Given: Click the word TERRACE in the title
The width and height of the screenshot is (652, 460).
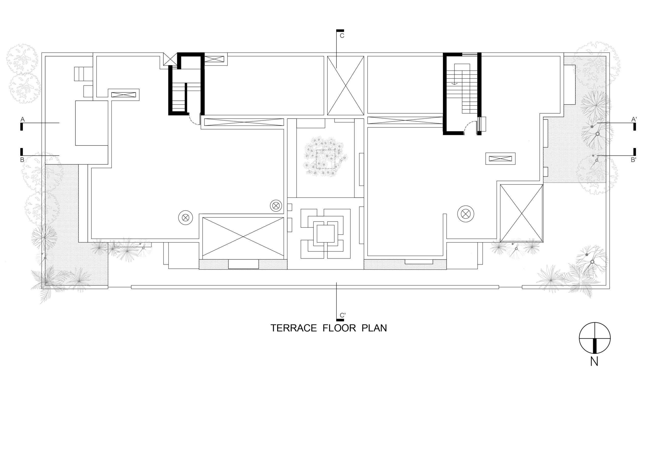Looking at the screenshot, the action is pyautogui.click(x=293, y=328).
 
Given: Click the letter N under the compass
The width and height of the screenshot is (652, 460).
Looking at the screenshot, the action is pyautogui.click(x=594, y=361).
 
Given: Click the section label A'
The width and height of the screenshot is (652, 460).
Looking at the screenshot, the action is pyautogui.click(x=634, y=120).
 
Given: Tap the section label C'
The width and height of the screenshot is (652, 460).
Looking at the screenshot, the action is pyautogui.click(x=343, y=315).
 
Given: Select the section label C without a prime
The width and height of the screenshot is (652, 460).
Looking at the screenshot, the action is pyautogui.click(x=342, y=36).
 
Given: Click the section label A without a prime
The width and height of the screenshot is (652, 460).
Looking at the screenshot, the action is pyautogui.click(x=22, y=120).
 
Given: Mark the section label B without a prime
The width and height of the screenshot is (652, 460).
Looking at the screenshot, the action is pyautogui.click(x=22, y=160).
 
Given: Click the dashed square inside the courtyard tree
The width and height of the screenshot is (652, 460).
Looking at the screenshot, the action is pyautogui.click(x=326, y=159).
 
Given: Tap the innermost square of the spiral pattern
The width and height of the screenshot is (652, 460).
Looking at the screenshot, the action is pyautogui.click(x=325, y=234).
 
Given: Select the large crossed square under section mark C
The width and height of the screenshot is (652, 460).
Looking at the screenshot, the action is pyautogui.click(x=346, y=86).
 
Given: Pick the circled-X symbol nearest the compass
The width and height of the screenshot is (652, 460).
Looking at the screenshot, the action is pyautogui.click(x=466, y=214).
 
